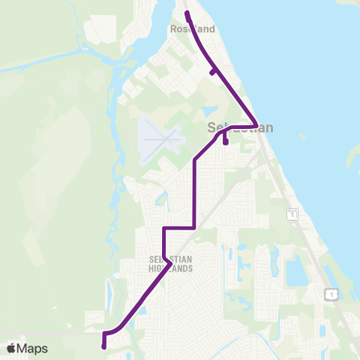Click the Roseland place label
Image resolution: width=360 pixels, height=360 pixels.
(193, 29)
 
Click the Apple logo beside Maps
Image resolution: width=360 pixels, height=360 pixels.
(11, 349)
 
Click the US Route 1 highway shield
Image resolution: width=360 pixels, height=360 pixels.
(329, 295)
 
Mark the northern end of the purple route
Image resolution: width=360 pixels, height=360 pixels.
(187, 13)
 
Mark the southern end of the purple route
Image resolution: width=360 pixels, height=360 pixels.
(103, 346)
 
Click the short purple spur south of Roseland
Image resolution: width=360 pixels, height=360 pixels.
(214, 72)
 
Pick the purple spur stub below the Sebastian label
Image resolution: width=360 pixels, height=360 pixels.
(226, 140)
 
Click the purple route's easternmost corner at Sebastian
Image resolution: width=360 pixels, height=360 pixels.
(256, 125)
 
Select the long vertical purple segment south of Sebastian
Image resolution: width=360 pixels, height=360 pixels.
(195, 191)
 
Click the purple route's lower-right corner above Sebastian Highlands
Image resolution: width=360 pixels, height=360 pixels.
(195, 226)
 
